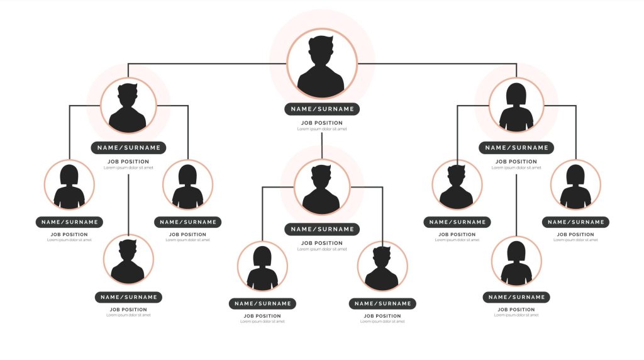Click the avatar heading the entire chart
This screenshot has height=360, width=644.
(322, 64)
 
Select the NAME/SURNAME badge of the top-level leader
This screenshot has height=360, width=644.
(322, 109)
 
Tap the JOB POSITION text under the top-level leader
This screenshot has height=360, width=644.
(322, 123)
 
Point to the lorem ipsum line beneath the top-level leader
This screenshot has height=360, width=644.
(322, 129)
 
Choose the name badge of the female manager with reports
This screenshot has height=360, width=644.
(516, 148)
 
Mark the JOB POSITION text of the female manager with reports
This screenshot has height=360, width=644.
(516, 162)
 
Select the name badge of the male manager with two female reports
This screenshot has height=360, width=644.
(128, 148)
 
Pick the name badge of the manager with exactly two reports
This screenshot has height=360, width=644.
(322, 229)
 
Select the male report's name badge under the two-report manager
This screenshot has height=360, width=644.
(382, 303)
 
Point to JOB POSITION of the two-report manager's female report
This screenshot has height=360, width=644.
(262, 316)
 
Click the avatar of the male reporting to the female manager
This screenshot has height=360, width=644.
(457, 185)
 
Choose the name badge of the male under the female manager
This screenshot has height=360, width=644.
(457, 222)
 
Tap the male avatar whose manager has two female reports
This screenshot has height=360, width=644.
(128, 260)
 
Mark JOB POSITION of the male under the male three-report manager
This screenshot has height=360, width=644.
(128, 310)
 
